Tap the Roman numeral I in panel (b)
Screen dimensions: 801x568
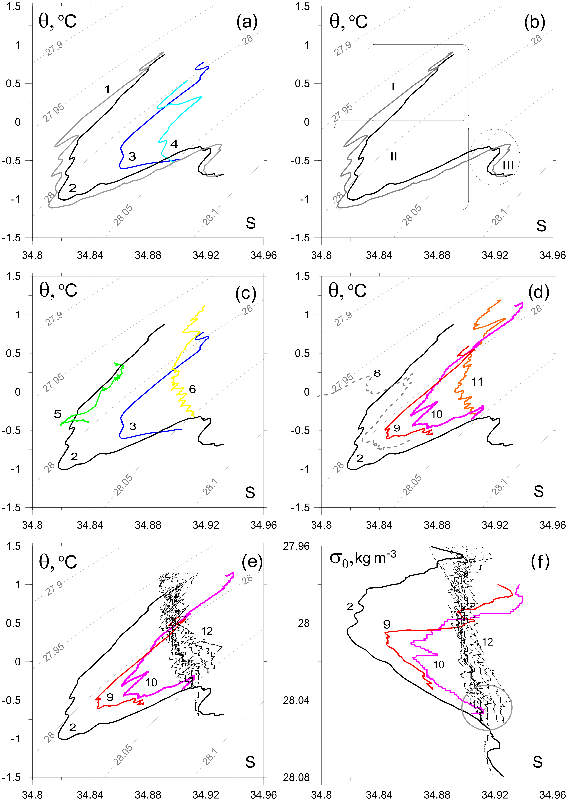click(x=393, y=86)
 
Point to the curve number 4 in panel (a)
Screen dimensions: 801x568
click(x=174, y=144)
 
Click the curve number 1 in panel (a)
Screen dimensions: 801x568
click(x=107, y=89)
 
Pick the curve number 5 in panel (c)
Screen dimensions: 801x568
click(x=58, y=414)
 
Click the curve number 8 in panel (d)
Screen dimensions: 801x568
click(x=377, y=373)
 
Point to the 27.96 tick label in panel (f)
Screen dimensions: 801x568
click(x=296, y=546)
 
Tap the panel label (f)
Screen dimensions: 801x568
click(x=540, y=562)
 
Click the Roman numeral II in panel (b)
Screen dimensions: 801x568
click(x=394, y=157)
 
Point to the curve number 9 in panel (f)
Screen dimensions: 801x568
click(x=387, y=624)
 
